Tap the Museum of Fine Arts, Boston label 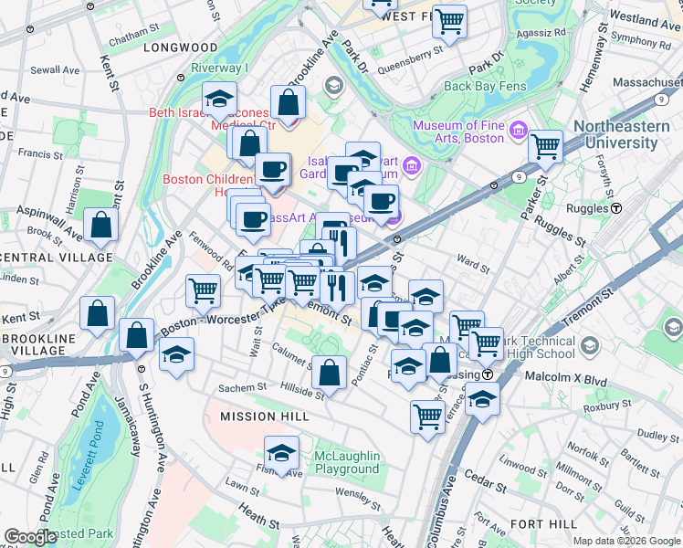coord(457,132)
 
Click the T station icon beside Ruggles coord(616,208)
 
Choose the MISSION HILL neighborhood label coord(260,416)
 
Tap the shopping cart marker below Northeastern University coord(545,145)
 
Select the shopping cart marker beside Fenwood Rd coord(204,290)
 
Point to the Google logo coord(30,537)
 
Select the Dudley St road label coord(653,436)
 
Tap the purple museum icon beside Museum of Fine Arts coord(519,131)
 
